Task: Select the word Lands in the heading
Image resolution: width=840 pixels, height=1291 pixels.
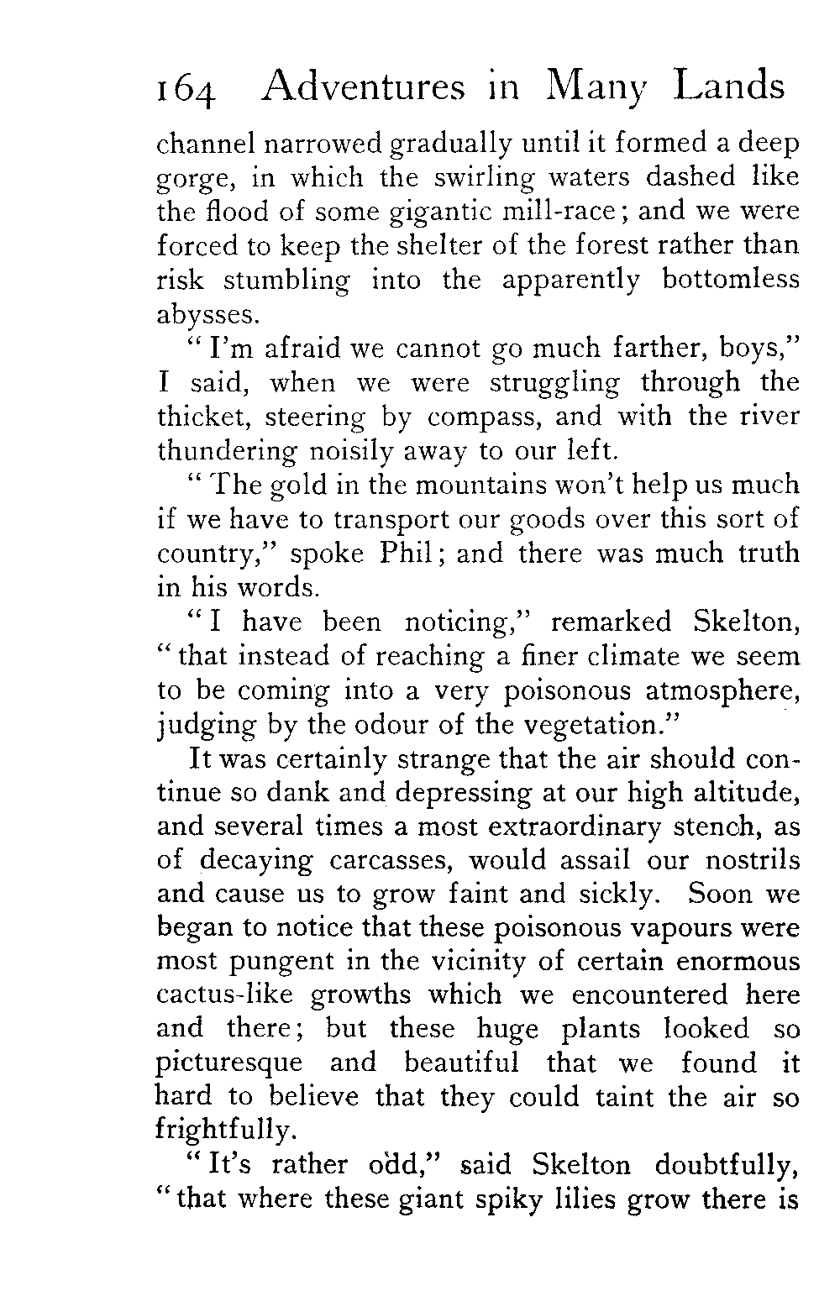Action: (x=727, y=87)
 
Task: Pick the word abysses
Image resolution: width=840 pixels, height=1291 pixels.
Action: (x=204, y=315)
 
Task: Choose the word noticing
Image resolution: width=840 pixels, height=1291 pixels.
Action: (x=470, y=622)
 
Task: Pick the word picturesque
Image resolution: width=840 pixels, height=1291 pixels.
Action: (x=229, y=1064)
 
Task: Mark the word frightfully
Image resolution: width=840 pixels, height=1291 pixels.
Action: (x=225, y=1131)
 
